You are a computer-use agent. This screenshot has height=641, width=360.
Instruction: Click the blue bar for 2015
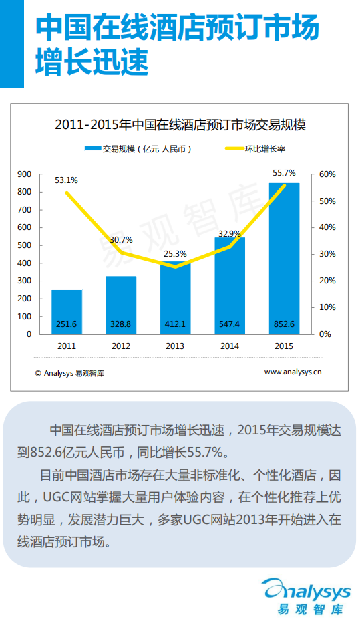point(284,254)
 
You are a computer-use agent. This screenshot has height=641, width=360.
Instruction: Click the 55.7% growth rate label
point(284,173)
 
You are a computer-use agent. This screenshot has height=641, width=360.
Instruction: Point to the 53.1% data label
point(66,180)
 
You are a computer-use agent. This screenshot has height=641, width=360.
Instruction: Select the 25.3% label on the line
point(175,253)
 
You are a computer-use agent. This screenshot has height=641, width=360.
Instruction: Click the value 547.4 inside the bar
point(230,324)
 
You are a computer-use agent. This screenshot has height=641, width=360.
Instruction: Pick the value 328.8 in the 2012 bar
point(121,324)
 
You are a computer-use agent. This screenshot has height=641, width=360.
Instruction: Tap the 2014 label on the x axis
point(230,346)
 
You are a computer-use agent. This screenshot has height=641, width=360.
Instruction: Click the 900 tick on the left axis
point(25,174)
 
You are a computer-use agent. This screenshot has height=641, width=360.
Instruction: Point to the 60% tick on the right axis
point(327,174)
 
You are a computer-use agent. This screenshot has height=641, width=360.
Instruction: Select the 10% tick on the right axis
point(327,307)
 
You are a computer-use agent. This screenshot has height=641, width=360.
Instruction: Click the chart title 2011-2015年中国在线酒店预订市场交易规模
point(180,124)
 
